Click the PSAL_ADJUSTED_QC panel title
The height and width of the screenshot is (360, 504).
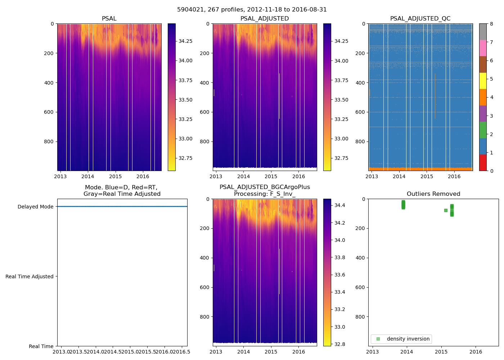420,19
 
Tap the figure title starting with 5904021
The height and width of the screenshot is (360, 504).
252,10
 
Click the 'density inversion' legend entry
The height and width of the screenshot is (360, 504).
408,339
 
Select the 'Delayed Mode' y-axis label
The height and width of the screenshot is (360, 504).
35,207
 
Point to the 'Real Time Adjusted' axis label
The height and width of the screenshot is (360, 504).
29,276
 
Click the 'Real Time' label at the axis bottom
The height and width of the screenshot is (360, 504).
41,346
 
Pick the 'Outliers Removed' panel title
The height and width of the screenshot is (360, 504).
433,194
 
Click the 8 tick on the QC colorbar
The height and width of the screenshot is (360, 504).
491,24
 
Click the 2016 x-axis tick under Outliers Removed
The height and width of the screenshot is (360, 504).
476,352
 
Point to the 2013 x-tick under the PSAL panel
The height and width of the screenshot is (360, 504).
60,176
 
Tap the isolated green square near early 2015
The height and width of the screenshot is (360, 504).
446,210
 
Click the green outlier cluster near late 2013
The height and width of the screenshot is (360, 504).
403,204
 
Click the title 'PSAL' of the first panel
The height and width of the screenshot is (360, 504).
109,19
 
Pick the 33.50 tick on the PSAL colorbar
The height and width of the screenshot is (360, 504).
185,100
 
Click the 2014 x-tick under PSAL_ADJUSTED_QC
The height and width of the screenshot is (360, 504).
399,176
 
